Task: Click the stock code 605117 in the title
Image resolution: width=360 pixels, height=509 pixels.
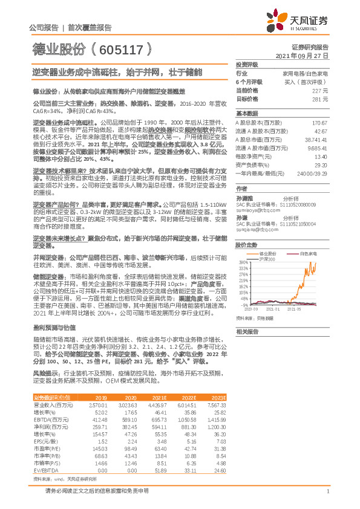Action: [124, 48]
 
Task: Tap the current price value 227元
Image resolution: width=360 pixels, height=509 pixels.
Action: [320, 91]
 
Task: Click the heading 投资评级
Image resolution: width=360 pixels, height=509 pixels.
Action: [246, 64]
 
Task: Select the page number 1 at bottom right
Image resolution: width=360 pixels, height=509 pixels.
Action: [327, 492]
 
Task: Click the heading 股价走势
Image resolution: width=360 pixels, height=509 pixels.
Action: [246, 229]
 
